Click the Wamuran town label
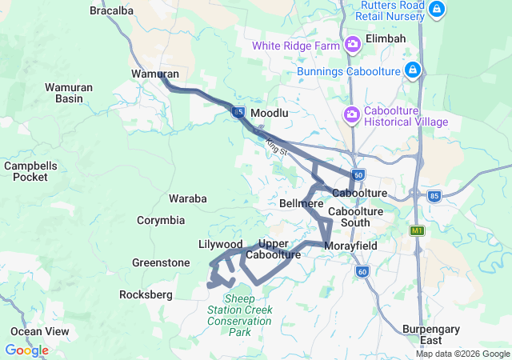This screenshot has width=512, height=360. click(x=154, y=74)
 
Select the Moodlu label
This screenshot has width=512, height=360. click(x=269, y=114)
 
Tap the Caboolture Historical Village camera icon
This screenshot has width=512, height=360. click(x=351, y=116)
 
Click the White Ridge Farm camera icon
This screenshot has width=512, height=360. click(x=352, y=45)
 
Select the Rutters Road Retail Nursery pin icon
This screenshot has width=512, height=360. click(x=437, y=10)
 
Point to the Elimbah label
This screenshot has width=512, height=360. click(x=386, y=38)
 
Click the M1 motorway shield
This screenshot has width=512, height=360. click(x=416, y=231)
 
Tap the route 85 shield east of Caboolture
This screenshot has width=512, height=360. click(x=434, y=194)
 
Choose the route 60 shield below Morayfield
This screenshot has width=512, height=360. click(x=362, y=272)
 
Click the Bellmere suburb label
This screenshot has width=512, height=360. click(x=301, y=204)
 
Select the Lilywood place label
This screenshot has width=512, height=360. click(x=220, y=244)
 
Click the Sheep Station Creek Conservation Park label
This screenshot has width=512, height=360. click(x=239, y=315)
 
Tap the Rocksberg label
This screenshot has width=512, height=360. click(x=146, y=295)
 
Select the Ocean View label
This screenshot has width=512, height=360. click(x=39, y=331)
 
